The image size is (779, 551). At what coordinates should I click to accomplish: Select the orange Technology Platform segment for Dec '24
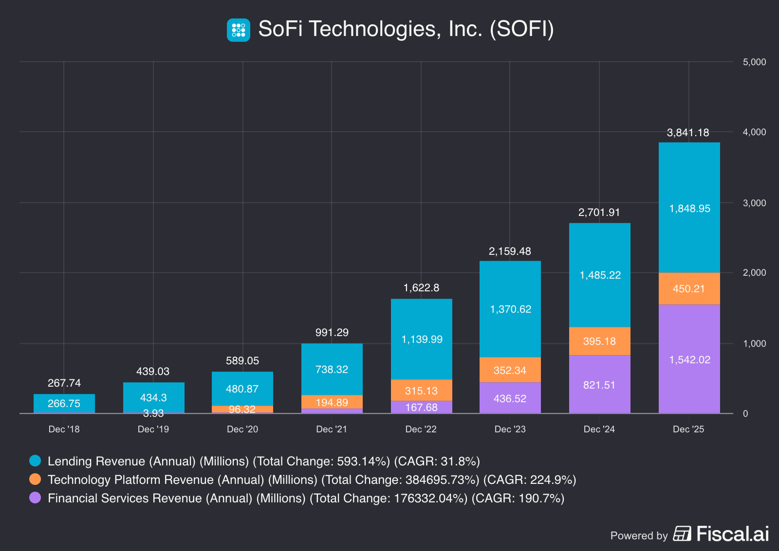point(599,341)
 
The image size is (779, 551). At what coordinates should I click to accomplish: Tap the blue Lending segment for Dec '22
point(422,339)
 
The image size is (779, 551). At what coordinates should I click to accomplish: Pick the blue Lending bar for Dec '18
point(64,403)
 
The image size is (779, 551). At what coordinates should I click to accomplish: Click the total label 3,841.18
point(687,133)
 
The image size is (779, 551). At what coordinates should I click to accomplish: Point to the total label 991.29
point(332,333)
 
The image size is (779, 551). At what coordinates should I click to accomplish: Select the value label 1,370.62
point(510,309)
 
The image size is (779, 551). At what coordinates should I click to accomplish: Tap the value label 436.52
point(510,399)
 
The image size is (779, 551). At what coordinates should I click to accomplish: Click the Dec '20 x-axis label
point(242,429)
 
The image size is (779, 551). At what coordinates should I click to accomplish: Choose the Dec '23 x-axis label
point(510,429)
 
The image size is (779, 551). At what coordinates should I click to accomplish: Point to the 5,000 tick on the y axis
point(754,62)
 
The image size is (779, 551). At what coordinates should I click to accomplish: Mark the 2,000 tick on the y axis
point(754,273)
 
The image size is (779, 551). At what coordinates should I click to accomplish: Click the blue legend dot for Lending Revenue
point(35,461)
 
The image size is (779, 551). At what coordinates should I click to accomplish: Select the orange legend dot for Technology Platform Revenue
point(35,479)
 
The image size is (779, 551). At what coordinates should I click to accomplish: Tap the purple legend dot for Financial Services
point(35,498)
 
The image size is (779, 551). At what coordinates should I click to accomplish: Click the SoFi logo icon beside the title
point(239,30)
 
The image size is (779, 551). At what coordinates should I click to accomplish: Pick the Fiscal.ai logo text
point(732,534)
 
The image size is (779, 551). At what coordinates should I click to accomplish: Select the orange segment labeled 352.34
point(510,370)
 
